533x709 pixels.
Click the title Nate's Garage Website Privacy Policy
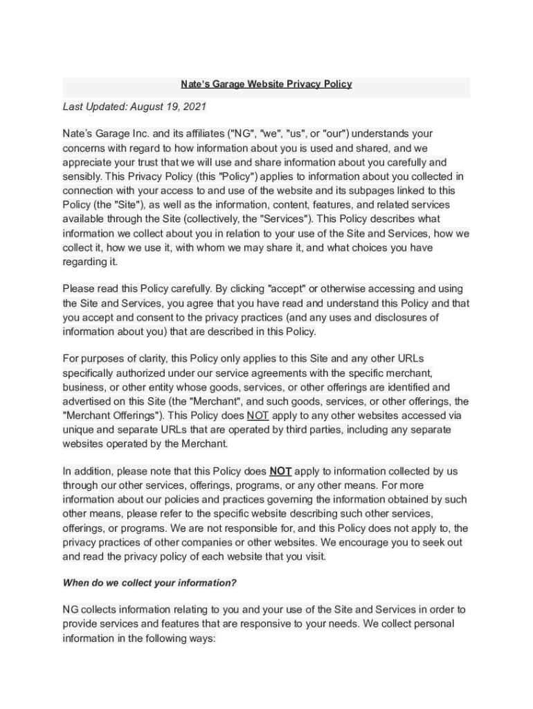tap(266, 84)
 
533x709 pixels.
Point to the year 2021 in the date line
tap(195, 107)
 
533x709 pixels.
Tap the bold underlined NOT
tap(280, 472)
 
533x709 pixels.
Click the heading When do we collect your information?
tap(150, 583)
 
